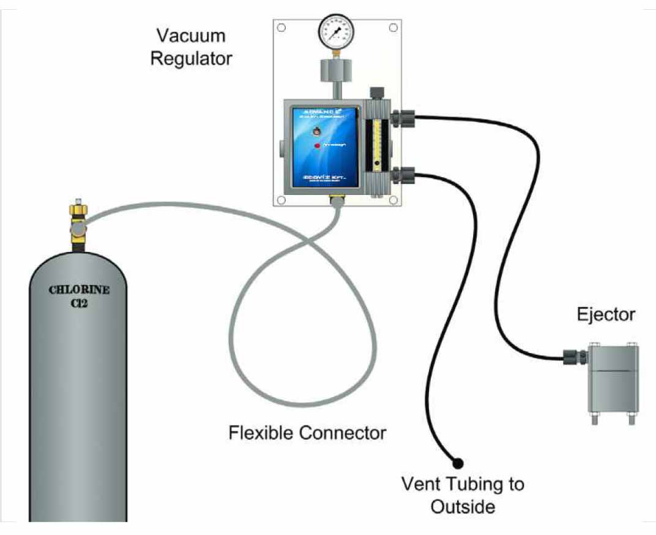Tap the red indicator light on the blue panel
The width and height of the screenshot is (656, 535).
coord(317,145)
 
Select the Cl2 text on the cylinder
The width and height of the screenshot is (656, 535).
coord(80,302)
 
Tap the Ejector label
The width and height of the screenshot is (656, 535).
coord(606,315)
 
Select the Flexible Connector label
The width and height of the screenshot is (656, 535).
coord(307,433)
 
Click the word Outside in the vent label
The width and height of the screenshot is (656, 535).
coord(462,507)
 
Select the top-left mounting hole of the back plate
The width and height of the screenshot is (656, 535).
coord(281,28)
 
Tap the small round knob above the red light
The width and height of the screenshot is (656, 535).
coord(316,131)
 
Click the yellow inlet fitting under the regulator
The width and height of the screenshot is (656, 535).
coord(336,199)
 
